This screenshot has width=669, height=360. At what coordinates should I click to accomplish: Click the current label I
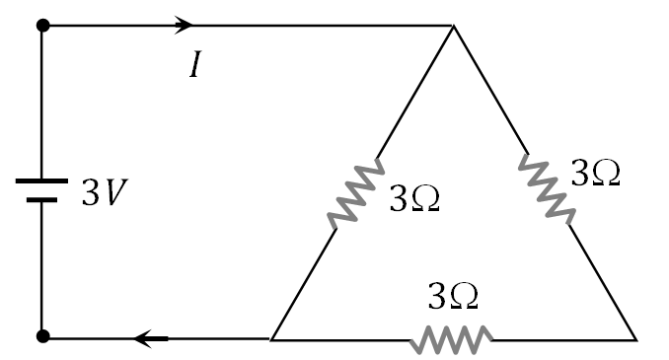[x=196, y=67]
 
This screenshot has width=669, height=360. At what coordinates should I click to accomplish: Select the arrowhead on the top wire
[x=184, y=24]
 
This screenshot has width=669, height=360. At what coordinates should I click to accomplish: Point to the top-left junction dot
[x=41, y=25]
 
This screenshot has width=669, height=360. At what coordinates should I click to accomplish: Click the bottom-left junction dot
[x=41, y=338]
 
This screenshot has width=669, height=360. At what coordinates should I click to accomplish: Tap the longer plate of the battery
[x=41, y=182]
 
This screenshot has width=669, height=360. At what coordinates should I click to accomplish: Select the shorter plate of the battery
[x=41, y=199]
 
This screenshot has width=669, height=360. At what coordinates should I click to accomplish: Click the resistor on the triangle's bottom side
[x=451, y=339]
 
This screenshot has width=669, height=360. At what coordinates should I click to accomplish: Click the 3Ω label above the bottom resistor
[x=453, y=295]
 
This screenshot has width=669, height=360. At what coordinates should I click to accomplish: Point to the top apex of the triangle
[x=453, y=26]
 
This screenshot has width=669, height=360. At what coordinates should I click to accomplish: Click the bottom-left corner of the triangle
[x=270, y=338]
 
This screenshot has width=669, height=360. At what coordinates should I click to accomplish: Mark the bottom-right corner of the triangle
[x=636, y=339]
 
